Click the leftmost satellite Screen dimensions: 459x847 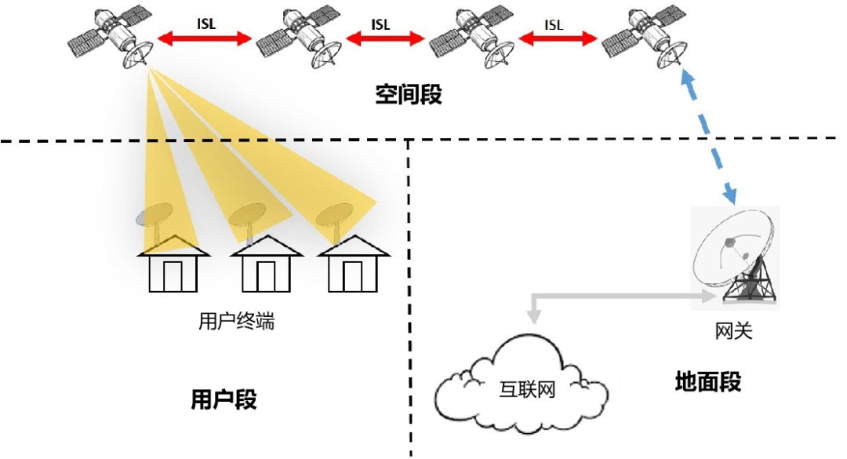(x=111, y=38)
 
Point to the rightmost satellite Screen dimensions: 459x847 (x=645, y=38)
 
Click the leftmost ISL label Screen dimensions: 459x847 (x=205, y=24)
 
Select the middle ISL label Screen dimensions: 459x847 (x=380, y=24)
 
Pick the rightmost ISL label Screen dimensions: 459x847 (x=554, y=24)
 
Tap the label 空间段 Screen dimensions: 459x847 (x=408, y=95)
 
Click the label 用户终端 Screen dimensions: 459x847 (x=237, y=321)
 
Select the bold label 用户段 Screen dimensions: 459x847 (x=224, y=399)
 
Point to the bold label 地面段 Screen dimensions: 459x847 (x=707, y=382)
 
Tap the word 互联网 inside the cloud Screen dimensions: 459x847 (x=527, y=388)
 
